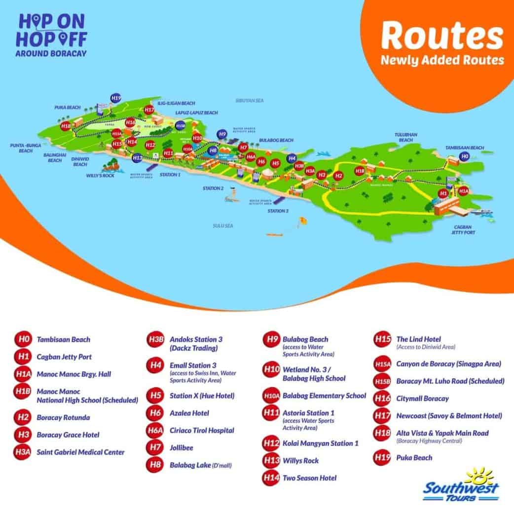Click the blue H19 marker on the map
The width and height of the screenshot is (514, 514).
click(116, 98)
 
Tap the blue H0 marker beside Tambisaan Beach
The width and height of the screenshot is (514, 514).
click(464, 156)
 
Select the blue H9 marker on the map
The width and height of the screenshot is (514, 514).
click(222, 134)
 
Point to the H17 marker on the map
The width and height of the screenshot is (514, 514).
click(149, 110)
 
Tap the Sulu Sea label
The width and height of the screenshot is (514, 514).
click(222, 225)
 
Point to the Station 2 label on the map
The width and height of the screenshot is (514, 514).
click(213, 188)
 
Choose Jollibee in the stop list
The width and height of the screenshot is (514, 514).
click(182, 448)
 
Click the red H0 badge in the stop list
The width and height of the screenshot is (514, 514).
click(23, 339)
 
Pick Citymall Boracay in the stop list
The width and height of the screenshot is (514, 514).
click(415, 398)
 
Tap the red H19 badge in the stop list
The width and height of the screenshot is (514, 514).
click(383, 458)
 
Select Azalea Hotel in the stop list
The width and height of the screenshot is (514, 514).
click(189, 413)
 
